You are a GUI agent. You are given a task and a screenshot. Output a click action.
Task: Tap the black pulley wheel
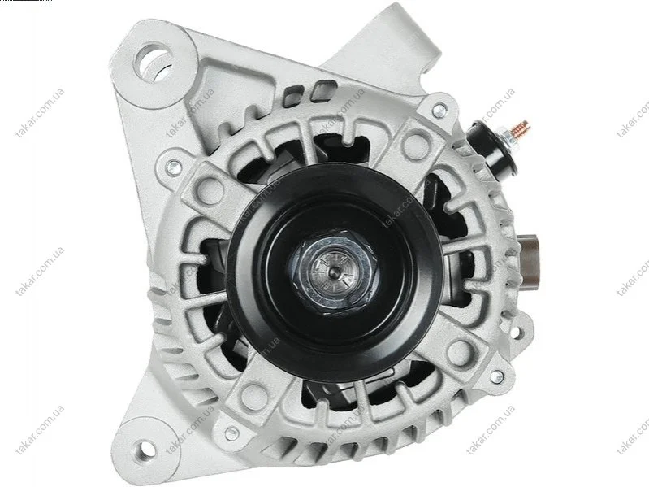pyautogui.click(x=335, y=269)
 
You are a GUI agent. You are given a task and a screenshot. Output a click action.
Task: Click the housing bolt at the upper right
pyautogui.click(x=439, y=110)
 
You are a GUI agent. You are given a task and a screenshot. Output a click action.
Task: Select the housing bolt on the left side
pyautogui.click(x=174, y=167)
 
